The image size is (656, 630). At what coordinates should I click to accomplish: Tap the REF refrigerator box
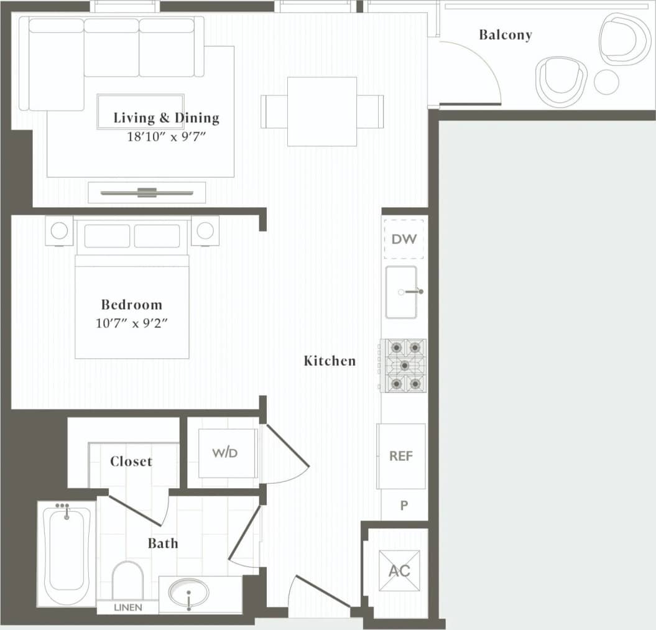pyautogui.click(x=401, y=456)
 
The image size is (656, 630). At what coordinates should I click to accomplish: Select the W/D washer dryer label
pyautogui.click(x=224, y=453)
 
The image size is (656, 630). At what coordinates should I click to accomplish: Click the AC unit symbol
pyautogui.click(x=399, y=570)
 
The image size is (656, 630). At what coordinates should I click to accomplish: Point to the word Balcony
pyautogui.click(x=505, y=35)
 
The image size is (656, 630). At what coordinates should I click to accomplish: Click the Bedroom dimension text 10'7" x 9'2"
pyautogui.click(x=132, y=324)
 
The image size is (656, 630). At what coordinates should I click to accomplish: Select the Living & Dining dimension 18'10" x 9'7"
pyautogui.click(x=166, y=135)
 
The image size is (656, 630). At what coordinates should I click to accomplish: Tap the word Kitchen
pyautogui.click(x=330, y=361)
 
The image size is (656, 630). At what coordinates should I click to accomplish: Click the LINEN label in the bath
pyautogui.click(x=127, y=607)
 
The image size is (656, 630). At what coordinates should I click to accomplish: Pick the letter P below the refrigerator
pyautogui.click(x=404, y=506)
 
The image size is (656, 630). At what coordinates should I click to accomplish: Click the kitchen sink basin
pyautogui.click(x=401, y=292)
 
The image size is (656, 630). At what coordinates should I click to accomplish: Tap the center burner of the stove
pyautogui.click(x=404, y=365)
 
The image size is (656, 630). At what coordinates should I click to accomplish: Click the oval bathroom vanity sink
pyautogui.click(x=189, y=593)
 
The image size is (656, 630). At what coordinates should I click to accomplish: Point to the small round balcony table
pyautogui.click(x=606, y=82)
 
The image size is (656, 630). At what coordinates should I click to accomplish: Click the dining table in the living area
pyautogui.click(x=322, y=111)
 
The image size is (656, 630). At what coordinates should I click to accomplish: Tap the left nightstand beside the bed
pyautogui.click(x=59, y=231)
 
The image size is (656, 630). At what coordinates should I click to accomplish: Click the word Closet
pyautogui.click(x=131, y=461)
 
